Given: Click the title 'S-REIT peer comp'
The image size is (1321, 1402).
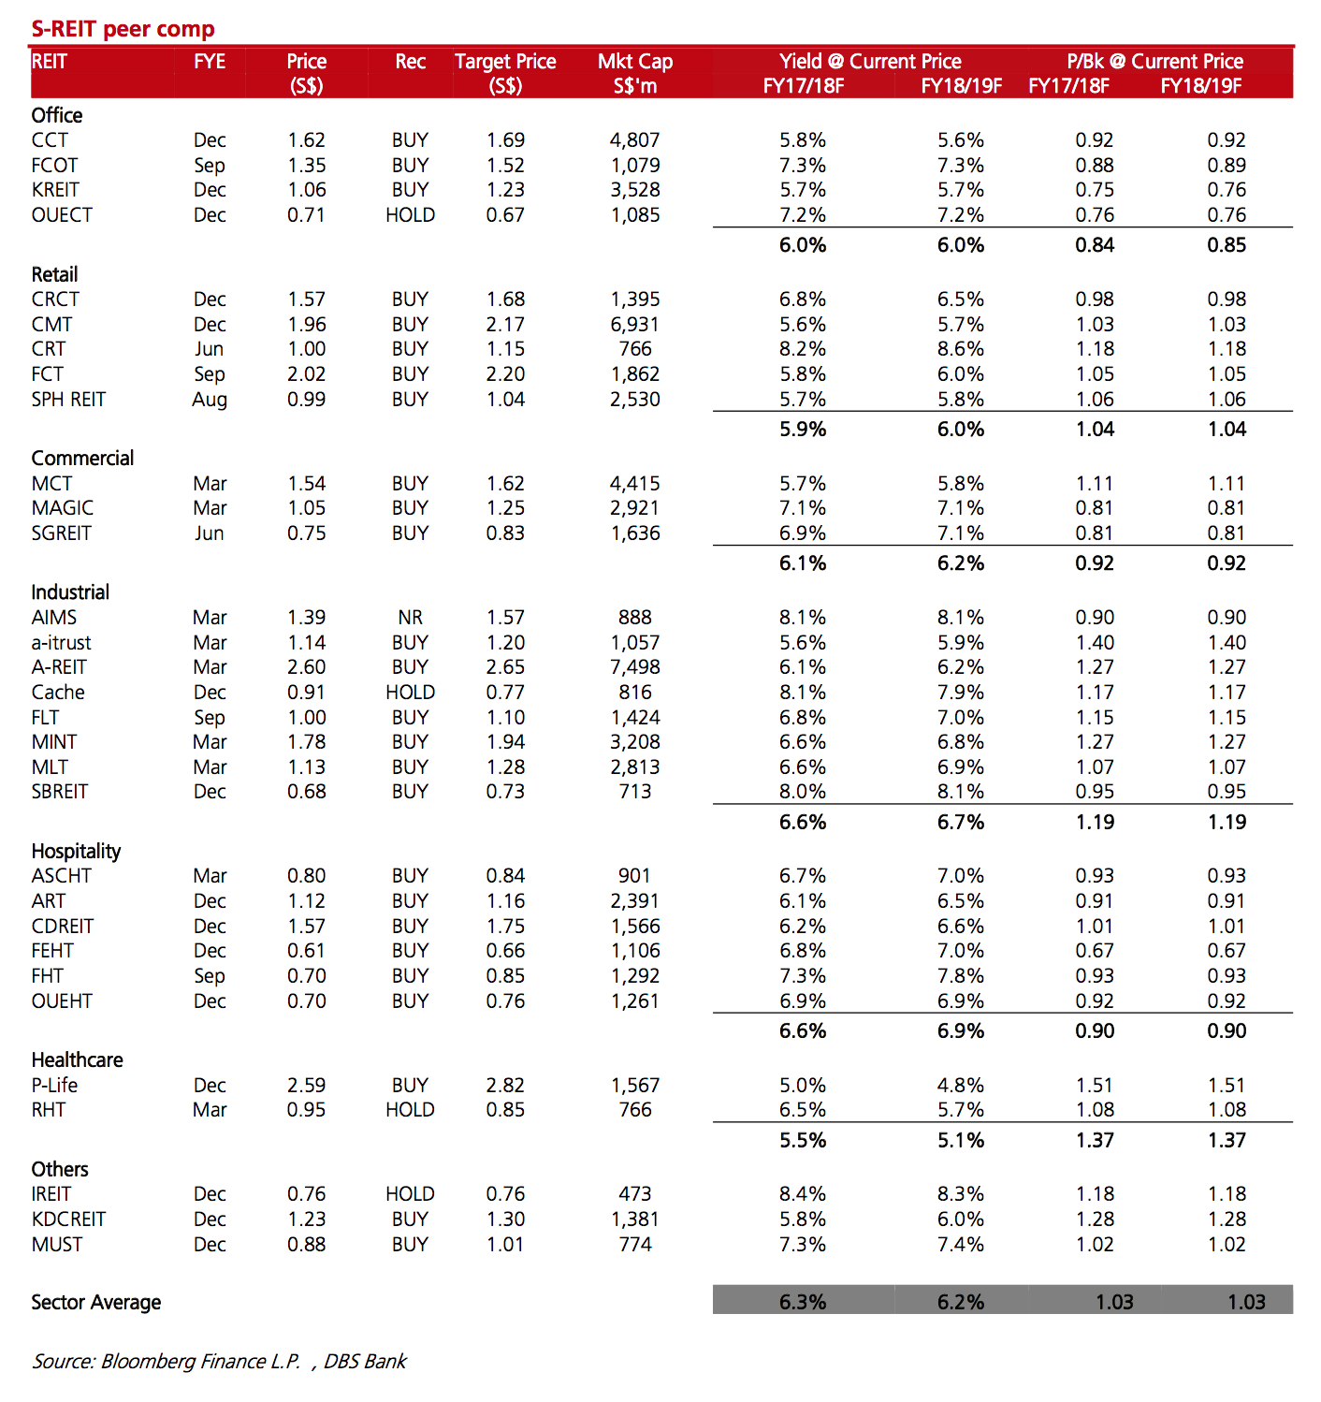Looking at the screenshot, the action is click(x=123, y=29).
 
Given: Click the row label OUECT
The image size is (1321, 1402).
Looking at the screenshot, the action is click(x=62, y=214).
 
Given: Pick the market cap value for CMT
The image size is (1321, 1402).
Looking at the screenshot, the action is click(x=635, y=324).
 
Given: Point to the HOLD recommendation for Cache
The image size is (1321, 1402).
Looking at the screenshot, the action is click(x=410, y=692).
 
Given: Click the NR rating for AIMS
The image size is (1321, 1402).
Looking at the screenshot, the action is click(x=410, y=617).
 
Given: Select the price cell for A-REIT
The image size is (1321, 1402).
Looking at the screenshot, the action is click(x=306, y=666).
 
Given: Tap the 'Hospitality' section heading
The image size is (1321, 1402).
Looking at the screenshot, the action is click(x=76, y=851).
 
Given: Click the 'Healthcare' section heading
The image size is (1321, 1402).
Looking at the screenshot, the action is click(x=77, y=1059).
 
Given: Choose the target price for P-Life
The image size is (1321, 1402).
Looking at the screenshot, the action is click(x=505, y=1085).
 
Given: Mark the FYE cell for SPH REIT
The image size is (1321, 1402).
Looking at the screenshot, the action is click(x=210, y=400).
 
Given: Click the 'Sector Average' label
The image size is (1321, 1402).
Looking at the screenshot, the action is click(x=96, y=1302).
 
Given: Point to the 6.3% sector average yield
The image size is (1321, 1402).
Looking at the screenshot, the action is click(x=803, y=1302).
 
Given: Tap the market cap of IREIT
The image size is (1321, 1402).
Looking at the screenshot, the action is click(x=635, y=1193).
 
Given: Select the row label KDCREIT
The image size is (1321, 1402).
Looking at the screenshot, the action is click(x=68, y=1219).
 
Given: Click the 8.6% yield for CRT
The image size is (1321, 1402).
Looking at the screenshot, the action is click(x=961, y=349).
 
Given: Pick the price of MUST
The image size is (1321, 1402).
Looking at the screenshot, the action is click(x=306, y=1244).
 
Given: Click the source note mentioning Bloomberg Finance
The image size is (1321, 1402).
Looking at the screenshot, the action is click(x=219, y=1361).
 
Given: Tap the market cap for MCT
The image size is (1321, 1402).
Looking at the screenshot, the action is click(x=635, y=484).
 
